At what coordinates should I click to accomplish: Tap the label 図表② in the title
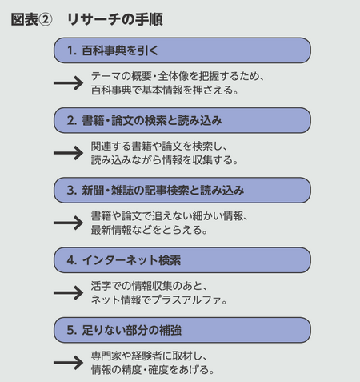coord(31,19)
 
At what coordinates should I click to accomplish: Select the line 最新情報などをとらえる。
coord(150,231)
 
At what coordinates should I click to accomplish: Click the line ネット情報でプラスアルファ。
coord(160,300)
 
